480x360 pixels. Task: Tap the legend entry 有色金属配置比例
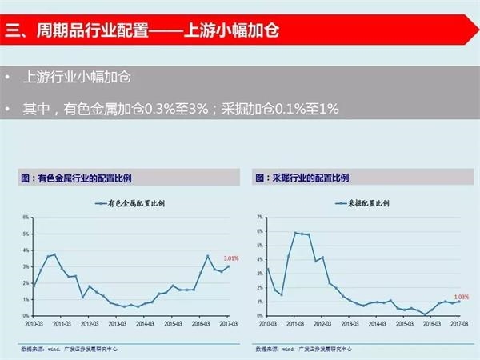click(x=132, y=202)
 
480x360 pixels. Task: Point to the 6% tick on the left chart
click(x=26, y=217)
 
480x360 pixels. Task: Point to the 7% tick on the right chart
click(x=260, y=217)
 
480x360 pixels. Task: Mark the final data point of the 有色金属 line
click(x=229, y=266)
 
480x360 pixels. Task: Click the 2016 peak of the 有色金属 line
click(x=208, y=256)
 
